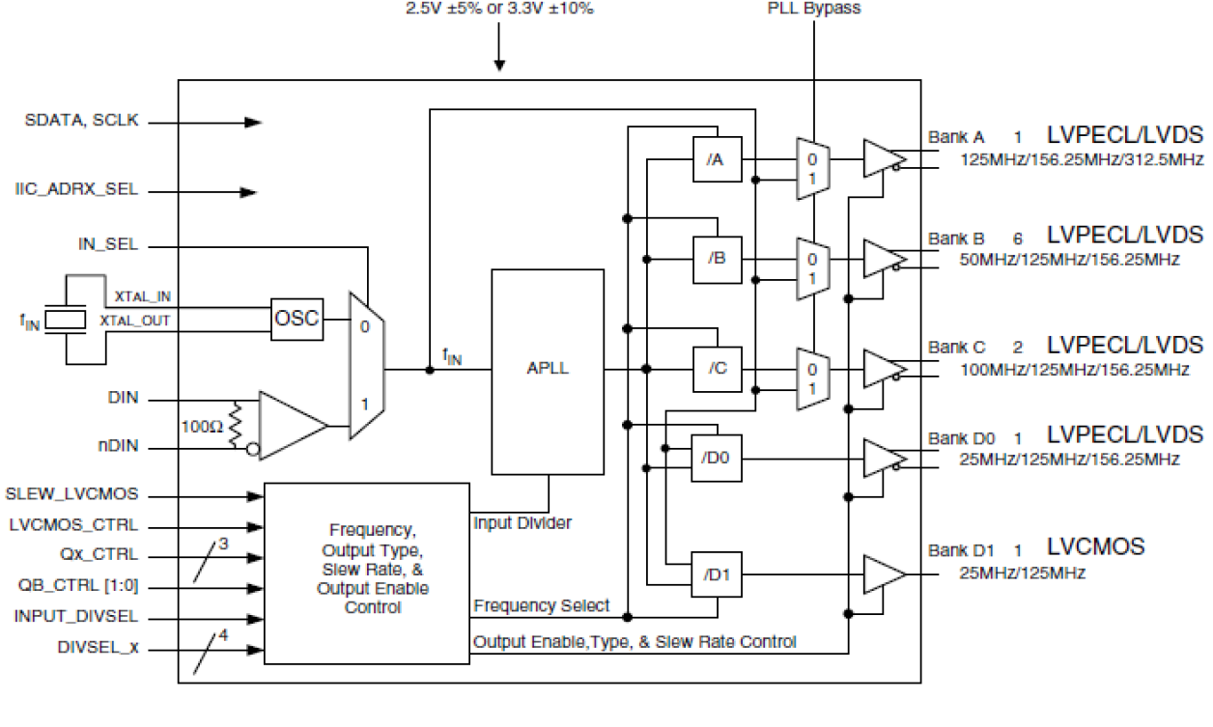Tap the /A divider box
tap(717, 159)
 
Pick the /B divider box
tap(717, 259)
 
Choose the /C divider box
tap(717, 370)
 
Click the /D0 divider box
tap(717, 460)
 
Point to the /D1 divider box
tap(717, 574)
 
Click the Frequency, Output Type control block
tap(366, 572)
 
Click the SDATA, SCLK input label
tap(82, 122)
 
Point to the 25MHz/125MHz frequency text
tap(1023, 573)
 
